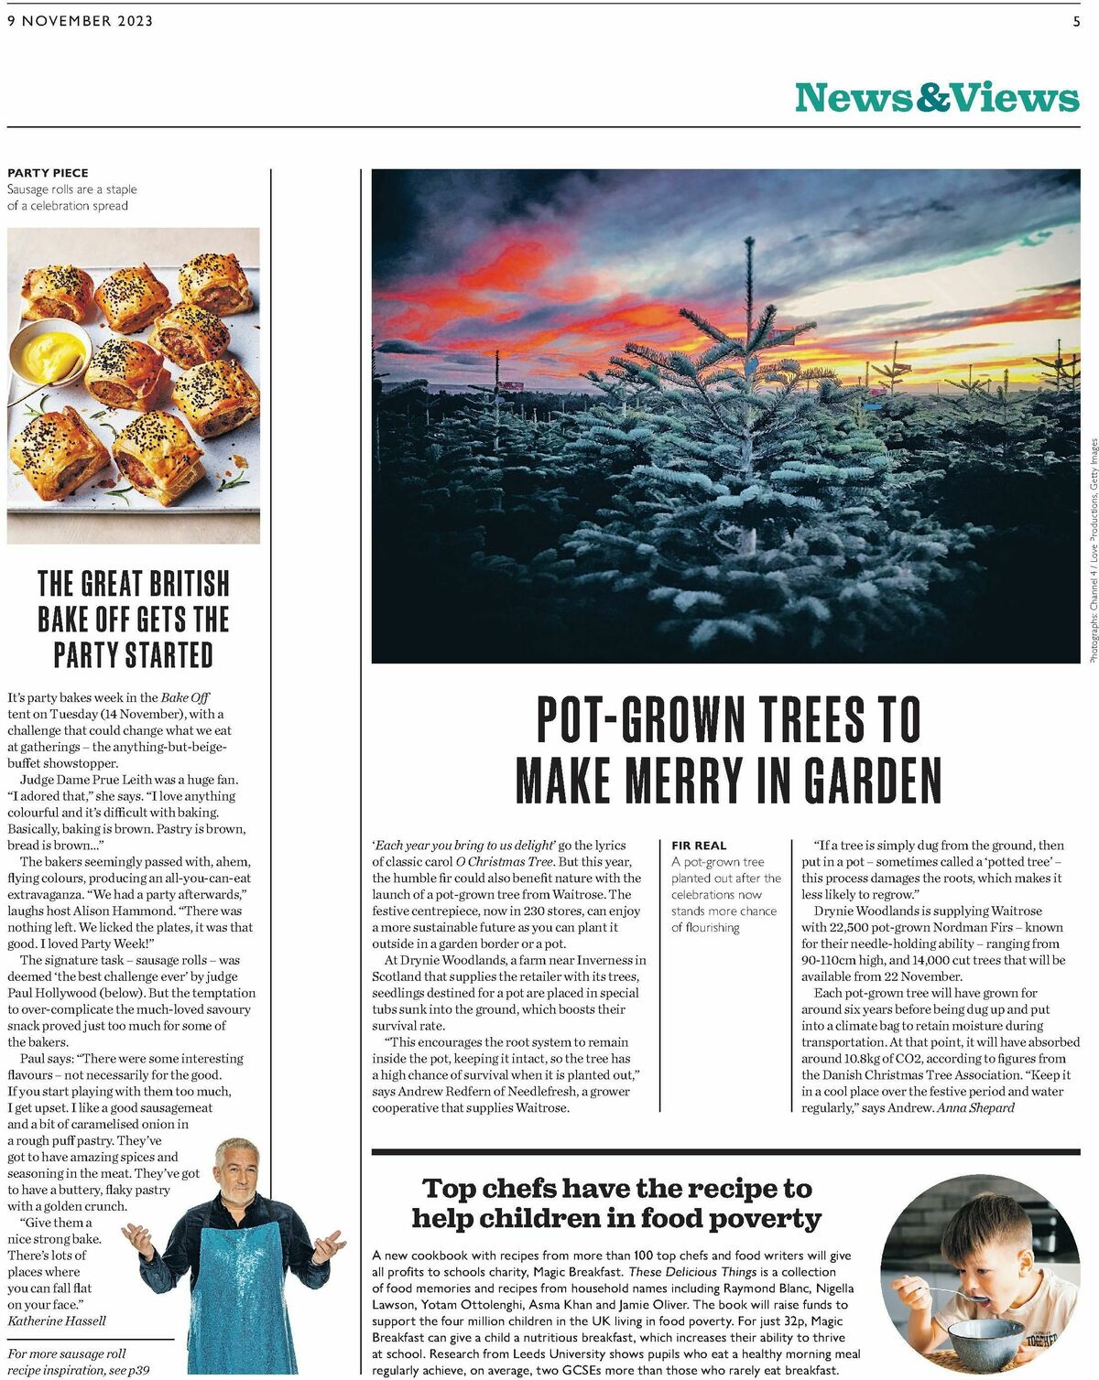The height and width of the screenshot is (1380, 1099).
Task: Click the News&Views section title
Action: pyautogui.click(x=936, y=97)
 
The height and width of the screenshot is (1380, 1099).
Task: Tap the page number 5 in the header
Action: pyautogui.click(x=1076, y=21)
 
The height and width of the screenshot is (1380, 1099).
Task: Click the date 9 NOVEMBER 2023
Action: pyautogui.click(x=80, y=21)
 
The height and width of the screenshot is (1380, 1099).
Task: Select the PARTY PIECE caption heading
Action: pyautogui.click(x=48, y=172)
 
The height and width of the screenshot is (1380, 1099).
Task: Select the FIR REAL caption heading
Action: pyautogui.click(x=698, y=846)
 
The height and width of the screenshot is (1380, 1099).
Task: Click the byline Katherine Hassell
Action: pyautogui.click(x=57, y=1321)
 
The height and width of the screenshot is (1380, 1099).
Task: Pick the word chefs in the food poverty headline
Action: pyautogui.click(x=517, y=1188)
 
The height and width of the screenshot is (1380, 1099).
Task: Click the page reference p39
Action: pyautogui.click(x=138, y=1370)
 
